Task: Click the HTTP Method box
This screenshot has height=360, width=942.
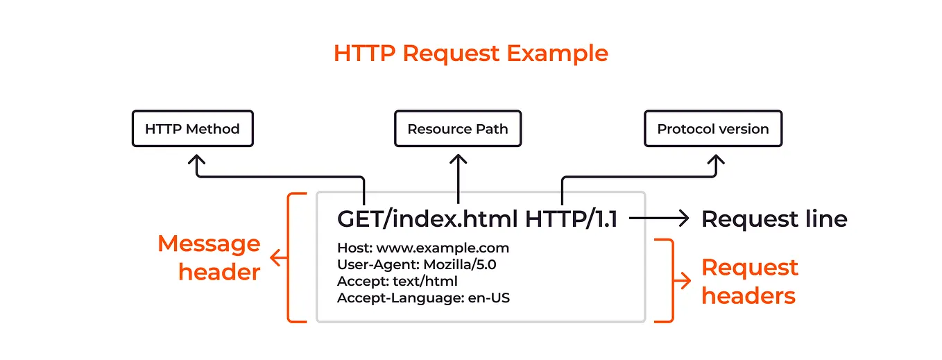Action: point(192,128)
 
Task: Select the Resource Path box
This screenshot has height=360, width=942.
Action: point(458,128)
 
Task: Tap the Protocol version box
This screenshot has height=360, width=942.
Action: point(713,128)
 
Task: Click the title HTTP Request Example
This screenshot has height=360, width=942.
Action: point(470,53)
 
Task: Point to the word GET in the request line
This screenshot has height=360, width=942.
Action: point(355,218)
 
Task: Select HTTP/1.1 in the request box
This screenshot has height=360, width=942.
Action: point(571,218)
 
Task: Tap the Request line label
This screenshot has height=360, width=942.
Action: point(774,219)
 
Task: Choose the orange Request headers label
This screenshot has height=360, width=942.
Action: point(750,282)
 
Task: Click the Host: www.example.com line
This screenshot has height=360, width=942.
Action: point(423,248)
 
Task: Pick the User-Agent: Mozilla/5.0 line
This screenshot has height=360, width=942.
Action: point(416,264)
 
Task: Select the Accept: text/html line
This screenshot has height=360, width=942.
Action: point(397,282)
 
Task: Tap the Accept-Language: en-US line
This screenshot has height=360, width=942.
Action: point(424,298)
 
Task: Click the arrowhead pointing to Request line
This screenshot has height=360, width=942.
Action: point(683,218)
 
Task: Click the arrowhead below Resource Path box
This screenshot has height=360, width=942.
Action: point(459,160)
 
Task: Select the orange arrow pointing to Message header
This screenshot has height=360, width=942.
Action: point(277,258)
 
